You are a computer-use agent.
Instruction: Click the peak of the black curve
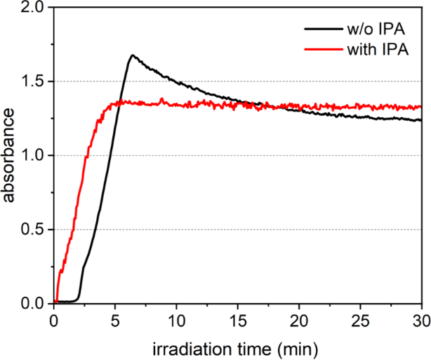click(131, 55)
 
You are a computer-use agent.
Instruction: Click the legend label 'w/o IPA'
click(378, 29)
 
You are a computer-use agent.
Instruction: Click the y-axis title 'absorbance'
click(11, 156)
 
